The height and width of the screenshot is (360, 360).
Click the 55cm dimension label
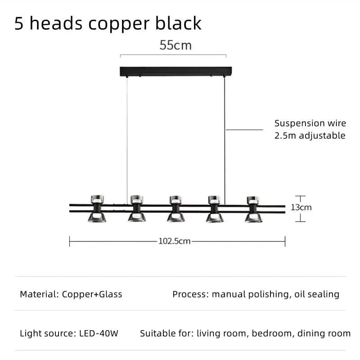point(175,45)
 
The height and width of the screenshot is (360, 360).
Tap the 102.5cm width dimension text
point(175,241)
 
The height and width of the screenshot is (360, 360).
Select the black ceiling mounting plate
point(175,71)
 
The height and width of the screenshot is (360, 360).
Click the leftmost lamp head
point(97,208)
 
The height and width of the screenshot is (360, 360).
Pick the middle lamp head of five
point(176,208)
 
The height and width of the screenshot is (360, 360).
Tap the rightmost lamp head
point(253,208)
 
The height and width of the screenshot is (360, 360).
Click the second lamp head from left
point(136,208)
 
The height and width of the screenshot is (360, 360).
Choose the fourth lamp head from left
point(214,208)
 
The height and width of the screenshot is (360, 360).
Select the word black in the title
point(180,23)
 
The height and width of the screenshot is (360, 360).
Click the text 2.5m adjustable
point(310,135)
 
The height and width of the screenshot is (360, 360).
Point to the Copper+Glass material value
point(92,294)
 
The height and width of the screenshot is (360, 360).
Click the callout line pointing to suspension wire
point(244,130)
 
